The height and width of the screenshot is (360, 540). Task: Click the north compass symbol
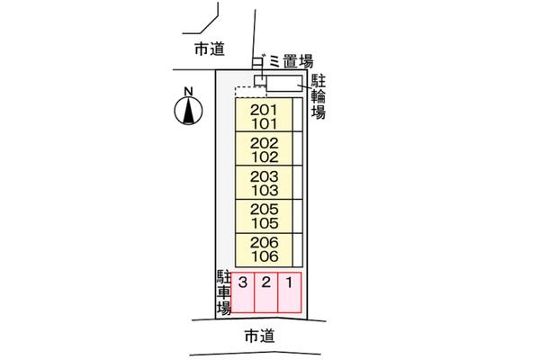(188, 111)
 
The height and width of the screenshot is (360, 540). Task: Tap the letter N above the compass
(188, 92)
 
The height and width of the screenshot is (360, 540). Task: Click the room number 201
(264, 110)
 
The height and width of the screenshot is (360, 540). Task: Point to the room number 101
(265, 124)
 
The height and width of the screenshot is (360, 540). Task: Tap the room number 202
(264, 143)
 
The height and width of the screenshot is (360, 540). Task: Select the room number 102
(265, 157)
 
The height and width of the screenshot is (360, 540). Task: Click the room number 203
(264, 176)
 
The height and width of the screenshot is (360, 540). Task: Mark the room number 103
(265, 190)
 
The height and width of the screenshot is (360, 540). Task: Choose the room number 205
(264, 210)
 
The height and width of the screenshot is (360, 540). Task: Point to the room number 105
(265, 223)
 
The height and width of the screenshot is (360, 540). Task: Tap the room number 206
(264, 242)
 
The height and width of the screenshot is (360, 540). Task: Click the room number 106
(265, 256)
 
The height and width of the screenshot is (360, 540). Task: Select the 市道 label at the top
(210, 49)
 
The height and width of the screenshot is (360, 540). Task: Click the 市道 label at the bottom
(260, 336)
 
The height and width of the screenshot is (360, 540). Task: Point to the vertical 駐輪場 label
(319, 97)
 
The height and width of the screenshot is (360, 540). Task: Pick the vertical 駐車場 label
(224, 292)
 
